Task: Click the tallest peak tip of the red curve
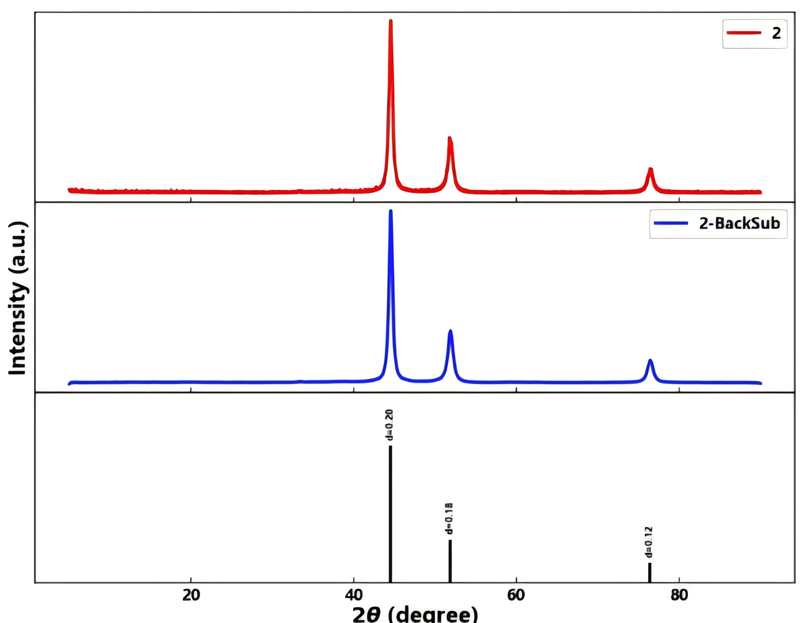[390, 22]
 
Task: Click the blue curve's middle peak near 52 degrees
[450, 331]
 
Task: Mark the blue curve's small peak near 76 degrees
[650, 361]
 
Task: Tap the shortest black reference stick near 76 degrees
[650, 573]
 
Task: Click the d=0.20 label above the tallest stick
[389, 425]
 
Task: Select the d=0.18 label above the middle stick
[449, 519]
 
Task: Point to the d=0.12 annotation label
[649, 542]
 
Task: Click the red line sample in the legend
[744, 33]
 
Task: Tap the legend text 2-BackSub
[739, 224]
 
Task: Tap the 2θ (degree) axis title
[415, 614]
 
